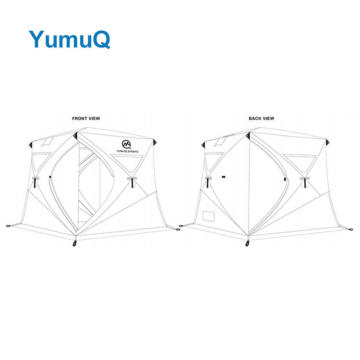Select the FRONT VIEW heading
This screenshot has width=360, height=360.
pos(86,118)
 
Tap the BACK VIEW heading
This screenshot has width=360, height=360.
pos(261,118)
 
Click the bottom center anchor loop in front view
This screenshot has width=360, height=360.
pos(75,243)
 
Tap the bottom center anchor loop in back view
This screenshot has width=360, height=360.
pos(248,243)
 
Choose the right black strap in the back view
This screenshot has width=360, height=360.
pos(303,182)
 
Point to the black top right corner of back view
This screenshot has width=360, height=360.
pos(328,143)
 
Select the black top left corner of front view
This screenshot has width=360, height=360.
pos(30,144)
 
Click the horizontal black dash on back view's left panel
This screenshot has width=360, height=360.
pos(223,177)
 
